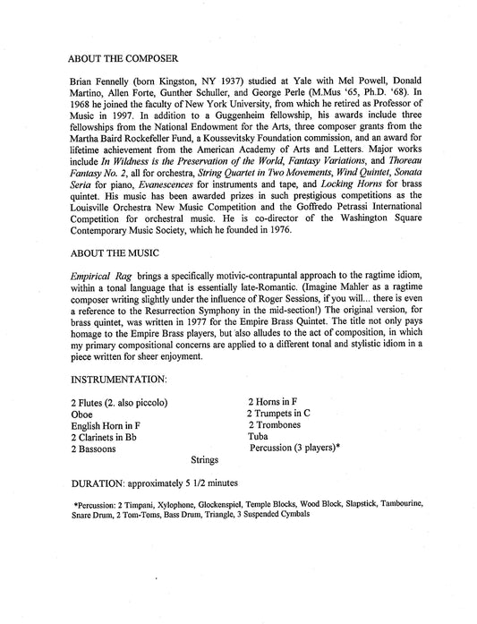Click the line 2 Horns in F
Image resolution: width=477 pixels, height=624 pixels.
[x=277, y=402]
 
